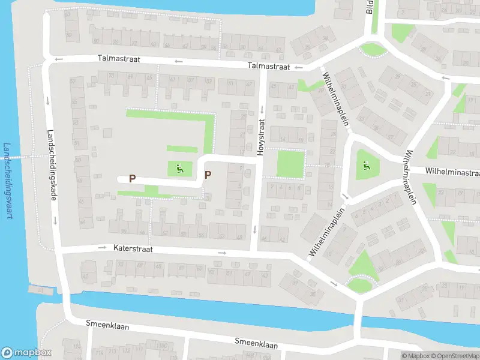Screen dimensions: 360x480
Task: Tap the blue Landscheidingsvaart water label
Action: pos(8,181)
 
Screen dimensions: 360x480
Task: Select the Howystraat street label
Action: pos(261,137)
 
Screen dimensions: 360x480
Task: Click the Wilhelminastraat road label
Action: pos(452,171)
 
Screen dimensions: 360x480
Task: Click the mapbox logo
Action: pos(26,353)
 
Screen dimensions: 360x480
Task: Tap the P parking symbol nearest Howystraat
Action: pos(208,175)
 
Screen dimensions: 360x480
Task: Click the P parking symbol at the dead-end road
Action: pos(133,178)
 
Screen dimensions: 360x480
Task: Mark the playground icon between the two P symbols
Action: pos(179,170)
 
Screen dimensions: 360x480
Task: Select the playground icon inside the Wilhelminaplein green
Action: pos(365,166)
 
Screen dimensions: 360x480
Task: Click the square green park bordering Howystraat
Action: pos(290,164)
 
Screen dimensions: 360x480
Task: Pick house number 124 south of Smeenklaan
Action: pos(76,346)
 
